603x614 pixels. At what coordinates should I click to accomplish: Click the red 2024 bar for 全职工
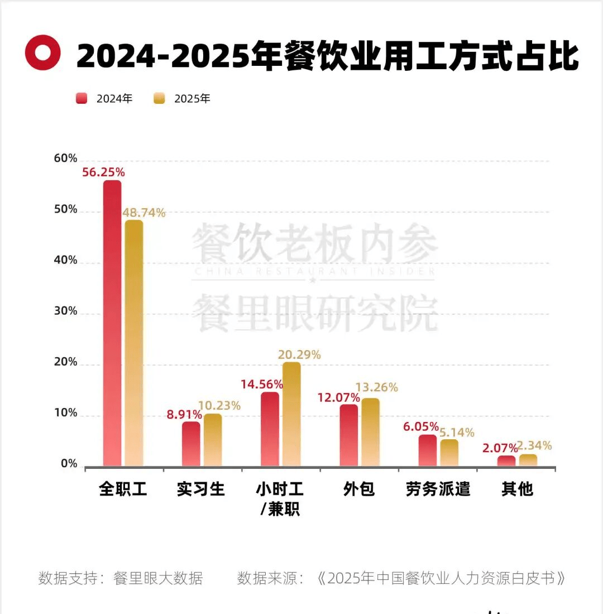112,324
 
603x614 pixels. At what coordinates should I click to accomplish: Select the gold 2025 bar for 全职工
134,343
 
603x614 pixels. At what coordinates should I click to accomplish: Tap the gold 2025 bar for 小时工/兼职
291,414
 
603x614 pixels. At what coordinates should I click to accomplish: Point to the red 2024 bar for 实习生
191,444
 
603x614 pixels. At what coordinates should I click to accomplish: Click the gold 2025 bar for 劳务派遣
449,453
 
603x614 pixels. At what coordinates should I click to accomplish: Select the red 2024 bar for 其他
506,461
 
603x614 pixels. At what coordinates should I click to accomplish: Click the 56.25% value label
103,172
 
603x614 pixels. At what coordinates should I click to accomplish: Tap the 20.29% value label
299,354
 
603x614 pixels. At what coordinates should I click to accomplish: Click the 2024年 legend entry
106,99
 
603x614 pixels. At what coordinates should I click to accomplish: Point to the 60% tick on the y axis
65,159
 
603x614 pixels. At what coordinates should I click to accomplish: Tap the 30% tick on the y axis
65,311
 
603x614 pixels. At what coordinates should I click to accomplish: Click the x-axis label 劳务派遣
438,490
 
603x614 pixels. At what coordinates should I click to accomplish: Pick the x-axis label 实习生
201,490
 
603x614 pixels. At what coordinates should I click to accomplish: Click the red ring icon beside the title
43,53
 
